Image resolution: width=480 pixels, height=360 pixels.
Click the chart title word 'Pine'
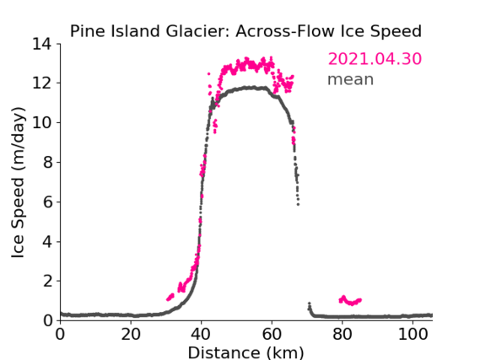pos(89,31)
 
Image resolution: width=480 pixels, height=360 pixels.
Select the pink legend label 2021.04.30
pos(375,59)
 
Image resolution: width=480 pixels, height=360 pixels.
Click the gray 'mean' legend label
pos(351,79)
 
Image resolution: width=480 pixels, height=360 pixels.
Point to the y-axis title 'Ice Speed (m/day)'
pos(18,182)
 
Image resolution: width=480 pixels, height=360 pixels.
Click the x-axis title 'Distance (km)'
pos(245,352)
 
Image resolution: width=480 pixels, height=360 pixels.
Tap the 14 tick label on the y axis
pos(42,44)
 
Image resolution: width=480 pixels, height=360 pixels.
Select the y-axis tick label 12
pos(42,83)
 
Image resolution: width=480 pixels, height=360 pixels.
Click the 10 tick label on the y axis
pos(42,122)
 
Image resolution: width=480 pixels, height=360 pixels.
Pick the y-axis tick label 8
pos(47,163)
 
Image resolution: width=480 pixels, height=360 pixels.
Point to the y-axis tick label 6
pos(47,201)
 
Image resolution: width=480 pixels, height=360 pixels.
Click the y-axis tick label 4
pos(47,242)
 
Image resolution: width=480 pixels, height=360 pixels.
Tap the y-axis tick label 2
pos(47,281)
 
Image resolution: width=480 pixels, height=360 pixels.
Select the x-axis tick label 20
pos(131,335)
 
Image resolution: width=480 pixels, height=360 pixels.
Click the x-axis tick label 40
pos(201,335)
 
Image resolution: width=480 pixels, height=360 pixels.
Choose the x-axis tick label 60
pos(272,335)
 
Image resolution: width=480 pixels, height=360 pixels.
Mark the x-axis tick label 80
pos(342,335)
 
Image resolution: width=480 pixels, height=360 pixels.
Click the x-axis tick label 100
pos(413,335)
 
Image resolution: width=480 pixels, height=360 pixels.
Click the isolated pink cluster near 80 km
pos(350,300)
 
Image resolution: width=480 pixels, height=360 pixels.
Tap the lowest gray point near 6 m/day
pos(298,204)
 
